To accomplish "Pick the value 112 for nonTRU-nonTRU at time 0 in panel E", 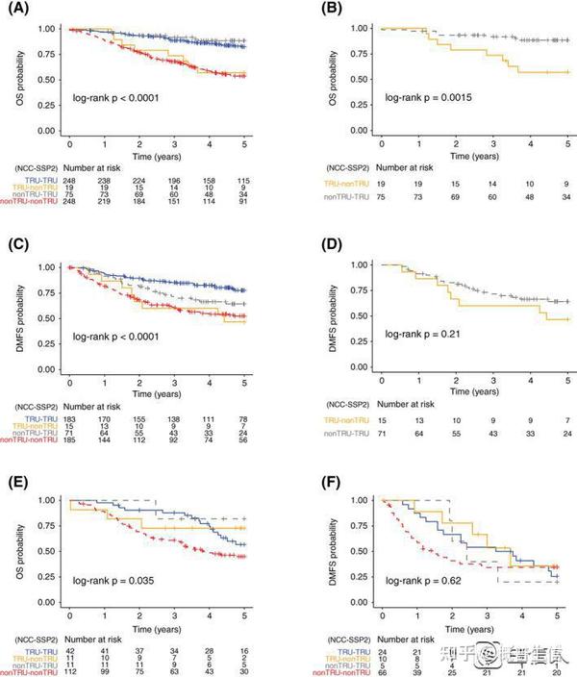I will pos(70,669).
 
